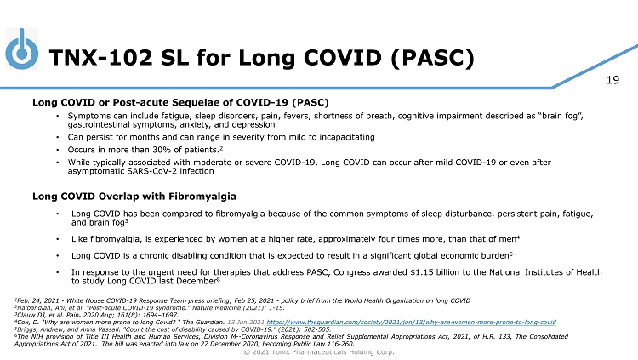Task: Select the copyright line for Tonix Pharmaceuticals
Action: click(318, 351)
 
